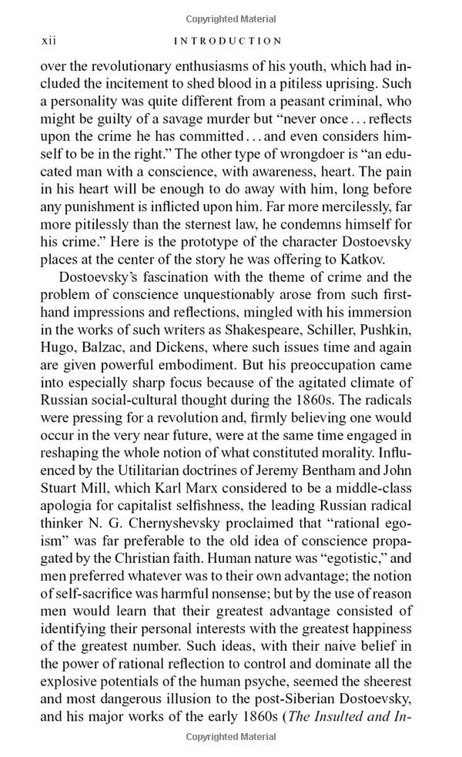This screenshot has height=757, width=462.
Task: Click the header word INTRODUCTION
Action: point(228,41)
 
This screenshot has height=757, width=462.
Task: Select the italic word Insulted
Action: point(352,716)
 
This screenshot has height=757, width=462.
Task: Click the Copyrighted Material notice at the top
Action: point(230,17)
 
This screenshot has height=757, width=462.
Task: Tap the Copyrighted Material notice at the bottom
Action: point(230,738)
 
